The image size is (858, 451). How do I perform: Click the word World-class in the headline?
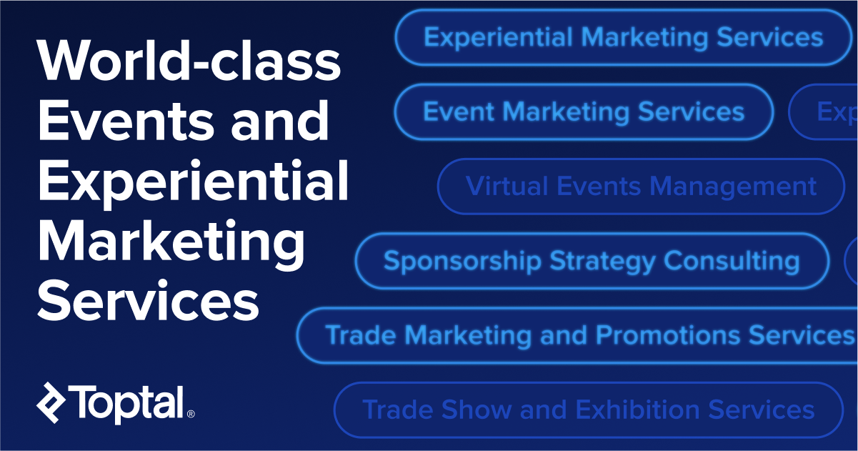[x=189, y=61]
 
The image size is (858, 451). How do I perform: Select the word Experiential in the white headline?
[x=193, y=182]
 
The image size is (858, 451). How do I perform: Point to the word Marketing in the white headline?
[x=171, y=241]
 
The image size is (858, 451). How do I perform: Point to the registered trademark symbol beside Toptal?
[x=190, y=414]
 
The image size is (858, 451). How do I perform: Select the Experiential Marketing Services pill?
[x=623, y=37]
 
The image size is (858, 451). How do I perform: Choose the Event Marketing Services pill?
[x=584, y=111]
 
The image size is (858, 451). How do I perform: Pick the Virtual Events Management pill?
[x=641, y=186]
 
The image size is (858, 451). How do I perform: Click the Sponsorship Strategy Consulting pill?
[x=592, y=260]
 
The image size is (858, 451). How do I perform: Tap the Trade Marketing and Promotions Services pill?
[x=577, y=334]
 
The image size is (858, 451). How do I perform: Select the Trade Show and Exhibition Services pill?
[x=588, y=410]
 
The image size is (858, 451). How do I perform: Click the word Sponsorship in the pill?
[x=462, y=261]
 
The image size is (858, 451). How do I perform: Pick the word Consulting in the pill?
[x=732, y=261]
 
